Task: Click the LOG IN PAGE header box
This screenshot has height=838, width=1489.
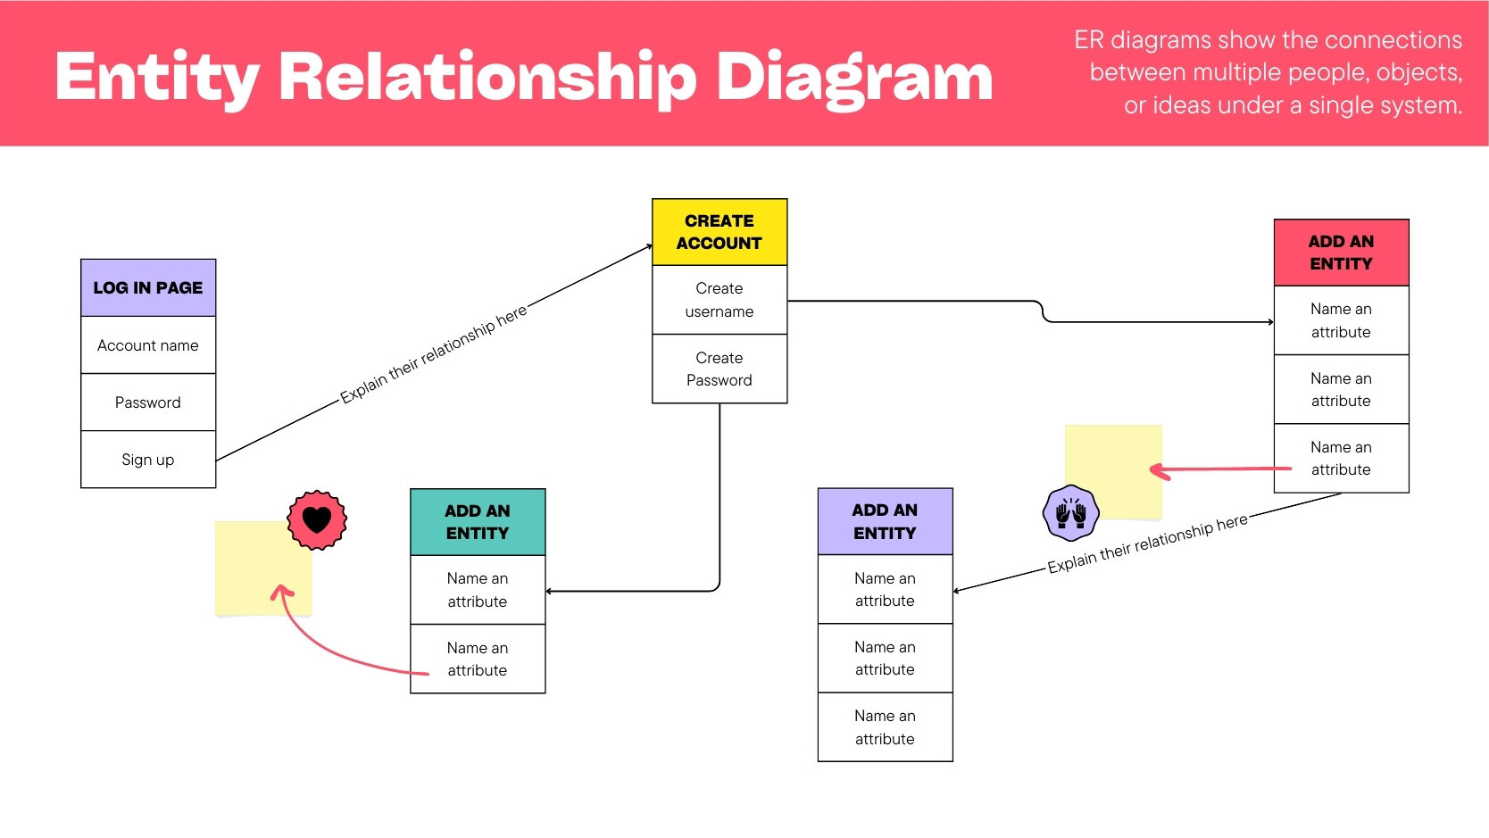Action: point(148,287)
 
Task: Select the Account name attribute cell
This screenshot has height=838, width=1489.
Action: point(148,344)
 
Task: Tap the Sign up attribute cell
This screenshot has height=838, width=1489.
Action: point(148,460)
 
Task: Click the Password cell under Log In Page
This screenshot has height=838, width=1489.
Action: point(148,402)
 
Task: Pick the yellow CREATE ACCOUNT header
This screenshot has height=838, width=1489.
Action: point(720,232)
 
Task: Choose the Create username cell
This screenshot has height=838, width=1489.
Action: point(720,300)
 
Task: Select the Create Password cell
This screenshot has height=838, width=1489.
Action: point(720,369)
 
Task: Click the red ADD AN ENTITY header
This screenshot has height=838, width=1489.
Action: point(1342,253)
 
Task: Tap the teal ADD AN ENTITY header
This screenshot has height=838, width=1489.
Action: point(478,522)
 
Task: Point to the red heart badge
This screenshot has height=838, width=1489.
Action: point(317,519)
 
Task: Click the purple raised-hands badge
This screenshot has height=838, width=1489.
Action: point(1071,512)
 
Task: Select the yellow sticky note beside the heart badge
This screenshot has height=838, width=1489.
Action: point(264,568)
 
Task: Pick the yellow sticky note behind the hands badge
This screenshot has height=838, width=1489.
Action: point(1113,471)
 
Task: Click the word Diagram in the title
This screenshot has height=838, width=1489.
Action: point(854,79)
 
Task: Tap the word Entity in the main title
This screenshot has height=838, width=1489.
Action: point(157,79)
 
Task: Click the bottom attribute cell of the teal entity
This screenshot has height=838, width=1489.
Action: point(478,659)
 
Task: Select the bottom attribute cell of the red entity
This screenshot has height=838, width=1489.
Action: point(1342,459)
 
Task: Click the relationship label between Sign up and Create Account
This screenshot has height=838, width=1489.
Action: point(434,353)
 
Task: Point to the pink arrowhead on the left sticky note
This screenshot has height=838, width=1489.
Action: point(282,591)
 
